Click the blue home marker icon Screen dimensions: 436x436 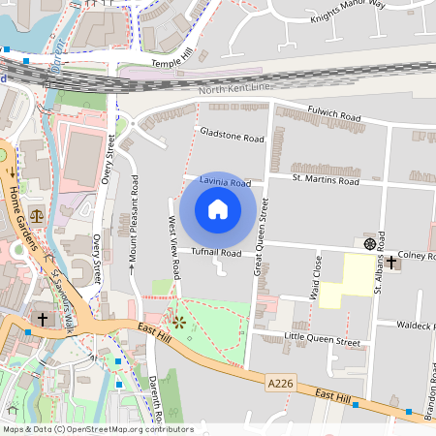pos(218,209)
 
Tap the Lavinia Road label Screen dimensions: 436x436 pos(225,182)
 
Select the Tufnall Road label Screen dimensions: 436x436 pos(215,253)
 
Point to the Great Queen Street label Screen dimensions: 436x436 pos(261,238)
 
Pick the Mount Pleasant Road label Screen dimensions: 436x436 pos(134,222)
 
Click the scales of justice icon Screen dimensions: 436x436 pos(37,216)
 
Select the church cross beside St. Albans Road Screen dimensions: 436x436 pos(391,262)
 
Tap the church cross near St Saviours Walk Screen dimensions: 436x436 pos(42,318)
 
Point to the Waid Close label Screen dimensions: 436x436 pos(316,275)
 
